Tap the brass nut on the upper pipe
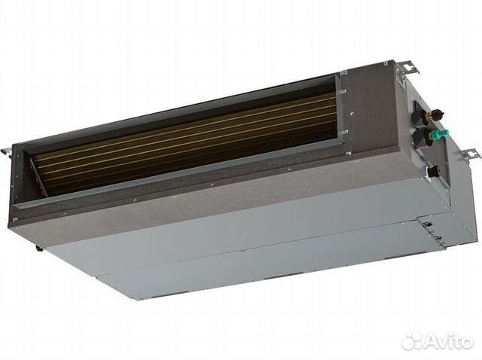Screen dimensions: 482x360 coord(428,115)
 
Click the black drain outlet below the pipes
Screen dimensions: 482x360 coord(432,171)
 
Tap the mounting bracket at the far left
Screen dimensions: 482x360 coord(7,152)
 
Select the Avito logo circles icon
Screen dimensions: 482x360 coord(413,341)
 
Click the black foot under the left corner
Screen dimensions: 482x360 coord(38,249)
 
